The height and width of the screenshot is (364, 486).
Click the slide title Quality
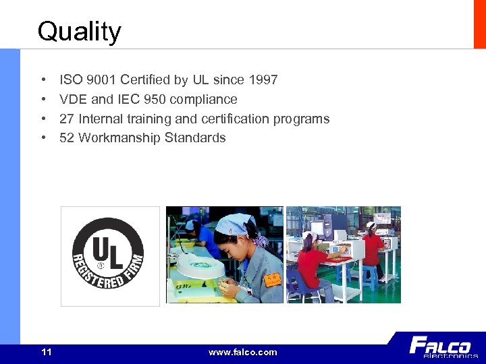coord(79,32)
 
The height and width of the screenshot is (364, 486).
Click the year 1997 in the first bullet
coord(262,80)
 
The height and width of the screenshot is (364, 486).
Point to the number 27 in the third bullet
coord(67,119)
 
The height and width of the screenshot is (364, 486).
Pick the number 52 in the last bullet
coord(67,138)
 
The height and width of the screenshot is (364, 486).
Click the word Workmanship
coord(119,138)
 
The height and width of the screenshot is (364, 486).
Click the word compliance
coord(203,100)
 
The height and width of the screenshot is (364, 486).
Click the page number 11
coord(47,352)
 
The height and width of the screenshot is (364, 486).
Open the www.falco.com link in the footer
coord(242,352)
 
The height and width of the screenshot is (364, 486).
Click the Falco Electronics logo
coord(441,347)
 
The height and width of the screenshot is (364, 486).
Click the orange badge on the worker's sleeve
coord(272,279)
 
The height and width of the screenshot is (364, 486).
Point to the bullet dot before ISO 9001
coord(43,80)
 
